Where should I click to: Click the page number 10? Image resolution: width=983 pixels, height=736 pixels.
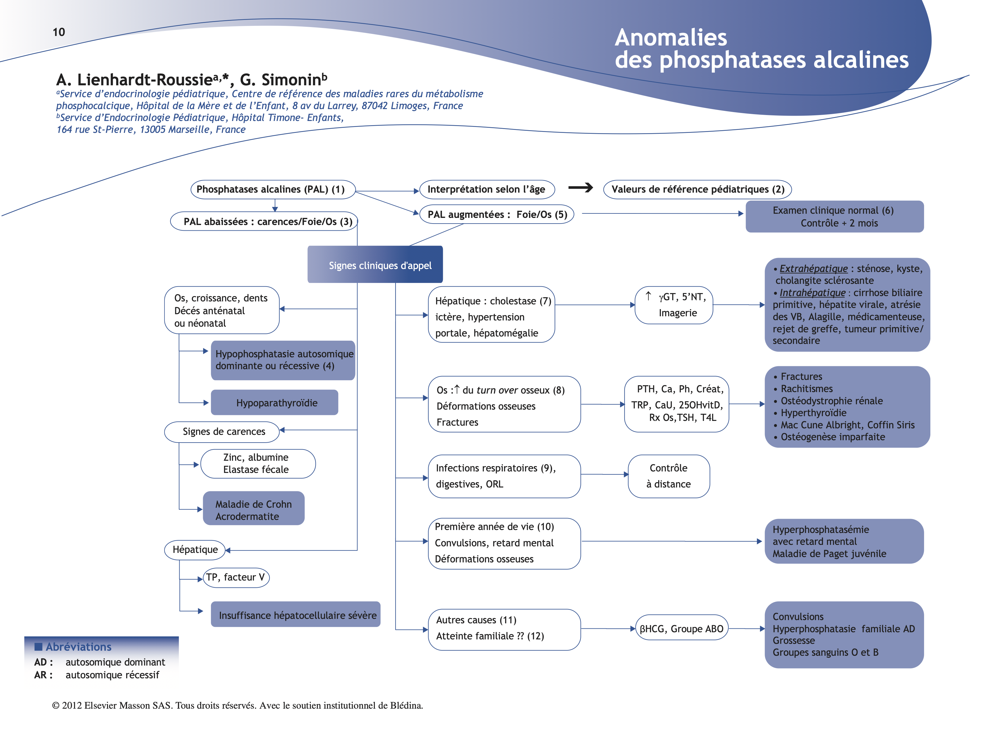click(x=59, y=32)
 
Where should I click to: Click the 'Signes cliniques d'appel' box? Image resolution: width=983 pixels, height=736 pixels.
click(x=375, y=265)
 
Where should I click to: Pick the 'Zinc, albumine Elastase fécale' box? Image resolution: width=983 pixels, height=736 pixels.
click(x=258, y=464)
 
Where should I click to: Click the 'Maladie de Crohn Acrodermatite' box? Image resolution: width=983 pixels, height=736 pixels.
click(x=254, y=510)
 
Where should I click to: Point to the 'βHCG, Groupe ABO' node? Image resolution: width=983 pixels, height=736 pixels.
click(x=681, y=628)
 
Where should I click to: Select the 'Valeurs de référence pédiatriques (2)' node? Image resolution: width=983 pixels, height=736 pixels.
click(x=697, y=190)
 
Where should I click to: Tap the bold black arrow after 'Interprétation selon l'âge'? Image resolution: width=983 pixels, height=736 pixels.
click(x=580, y=188)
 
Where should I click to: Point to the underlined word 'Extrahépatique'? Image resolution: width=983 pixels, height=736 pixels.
click(x=813, y=269)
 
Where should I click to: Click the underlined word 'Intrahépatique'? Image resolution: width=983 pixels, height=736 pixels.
click(x=812, y=293)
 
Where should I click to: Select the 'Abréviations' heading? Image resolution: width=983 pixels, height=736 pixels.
click(x=78, y=647)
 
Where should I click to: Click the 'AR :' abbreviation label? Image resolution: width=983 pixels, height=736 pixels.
click(x=43, y=675)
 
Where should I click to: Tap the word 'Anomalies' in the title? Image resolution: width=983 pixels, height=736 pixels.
click(x=671, y=37)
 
